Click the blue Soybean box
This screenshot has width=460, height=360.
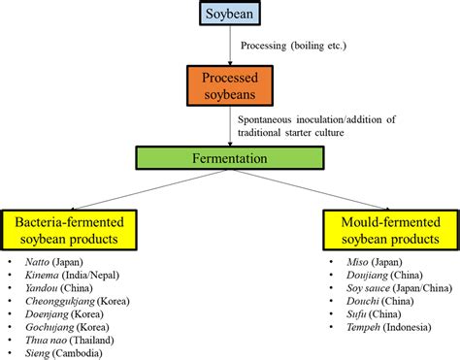click(229, 14)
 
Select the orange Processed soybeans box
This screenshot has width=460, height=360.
click(229, 85)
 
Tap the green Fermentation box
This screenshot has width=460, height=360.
click(229, 155)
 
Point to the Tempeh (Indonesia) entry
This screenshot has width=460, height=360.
click(378, 328)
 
